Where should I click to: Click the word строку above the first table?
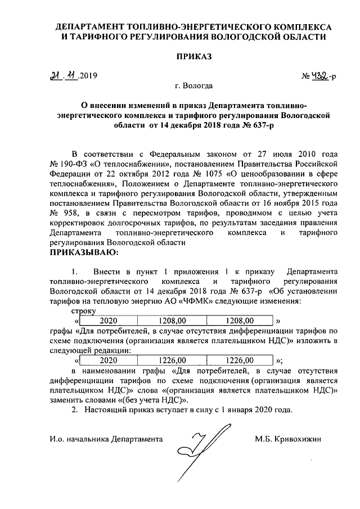pos(84,310)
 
